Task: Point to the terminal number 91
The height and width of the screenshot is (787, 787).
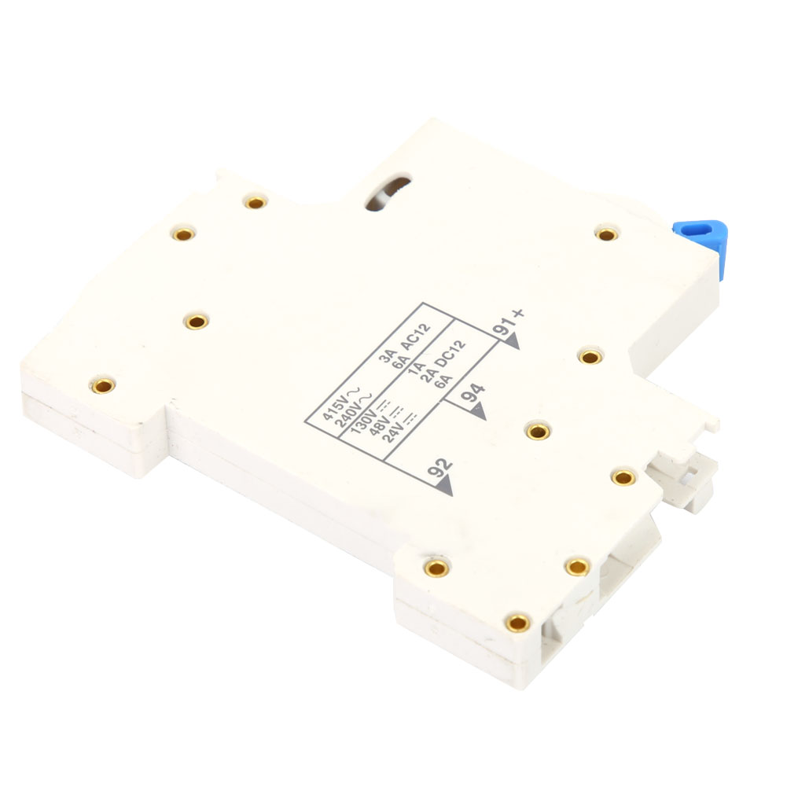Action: pyautogui.click(x=503, y=327)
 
